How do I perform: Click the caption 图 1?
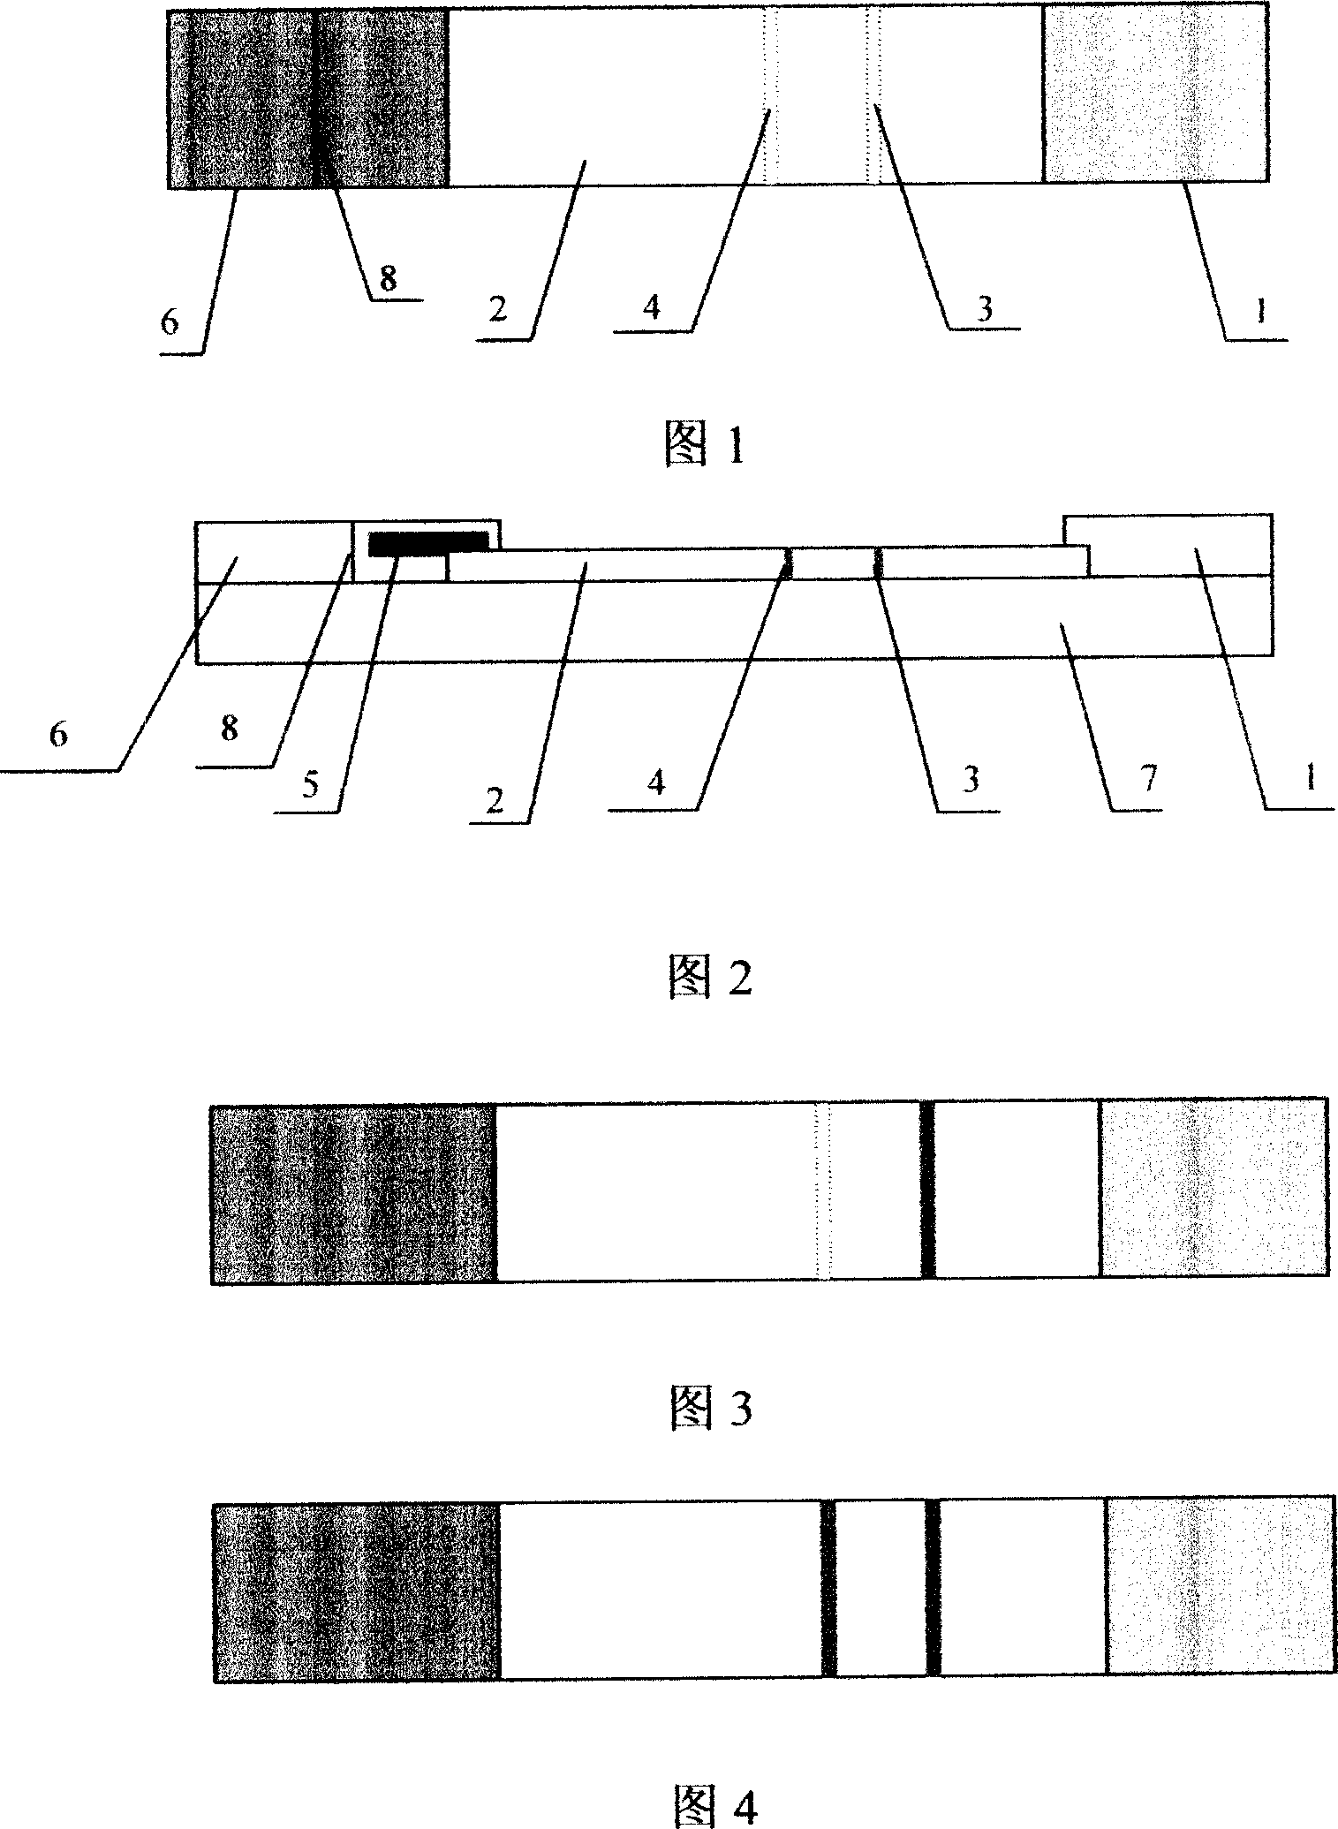705,448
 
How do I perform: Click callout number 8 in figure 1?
388,278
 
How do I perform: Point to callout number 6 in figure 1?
170,321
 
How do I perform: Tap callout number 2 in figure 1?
499,310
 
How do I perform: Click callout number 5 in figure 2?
310,785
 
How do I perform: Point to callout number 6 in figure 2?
58,735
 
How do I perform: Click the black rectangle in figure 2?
427,543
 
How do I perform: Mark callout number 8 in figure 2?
229,729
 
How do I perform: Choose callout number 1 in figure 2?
1310,778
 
